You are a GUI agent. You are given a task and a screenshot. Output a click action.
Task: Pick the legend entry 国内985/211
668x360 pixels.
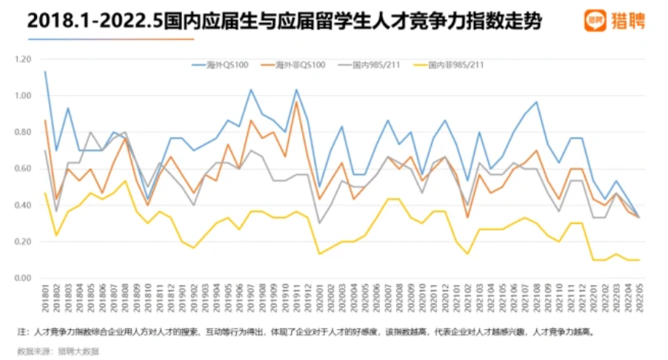click(x=384, y=65)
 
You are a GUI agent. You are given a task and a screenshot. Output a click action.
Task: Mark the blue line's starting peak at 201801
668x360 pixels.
click(x=45, y=72)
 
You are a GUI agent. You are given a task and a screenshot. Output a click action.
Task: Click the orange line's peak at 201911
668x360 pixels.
click(x=297, y=102)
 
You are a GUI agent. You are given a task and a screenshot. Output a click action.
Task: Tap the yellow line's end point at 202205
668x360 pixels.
click(x=639, y=260)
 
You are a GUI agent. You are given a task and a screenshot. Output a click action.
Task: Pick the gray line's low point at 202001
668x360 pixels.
click(x=319, y=223)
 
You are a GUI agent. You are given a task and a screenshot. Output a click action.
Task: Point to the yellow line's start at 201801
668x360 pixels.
click(x=45, y=193)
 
